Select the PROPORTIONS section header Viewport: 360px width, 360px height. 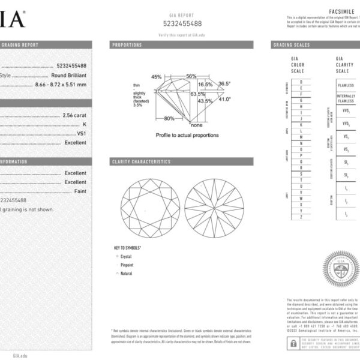(x=127, y=45)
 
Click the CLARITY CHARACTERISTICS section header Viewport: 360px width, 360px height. (x=142, y=162)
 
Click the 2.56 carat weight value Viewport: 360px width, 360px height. (x=74, y=115)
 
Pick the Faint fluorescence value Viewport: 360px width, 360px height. (x=80, y=191)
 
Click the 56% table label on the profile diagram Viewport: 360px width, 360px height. (x=191, y=77)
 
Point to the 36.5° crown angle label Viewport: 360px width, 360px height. (x=224, y=84)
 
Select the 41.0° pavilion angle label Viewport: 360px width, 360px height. (x=224, y=100)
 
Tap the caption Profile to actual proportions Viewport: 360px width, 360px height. (x=187, y=135)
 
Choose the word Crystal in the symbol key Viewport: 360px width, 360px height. (x=126, y=256)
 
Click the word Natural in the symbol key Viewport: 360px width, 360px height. (x=127, y=272)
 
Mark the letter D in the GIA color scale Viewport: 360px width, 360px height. (x=302, y=81)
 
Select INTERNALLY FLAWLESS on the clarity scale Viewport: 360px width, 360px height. (x=346, y=98)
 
